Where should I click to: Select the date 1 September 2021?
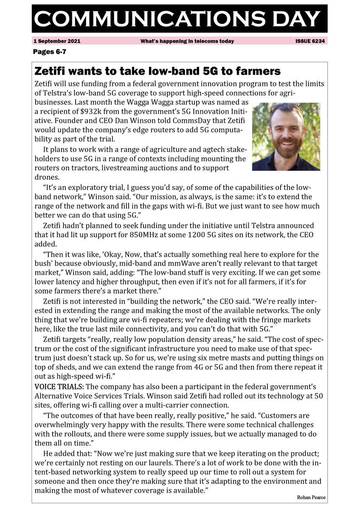point(57,42)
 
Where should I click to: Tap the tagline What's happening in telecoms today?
point(187,42)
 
